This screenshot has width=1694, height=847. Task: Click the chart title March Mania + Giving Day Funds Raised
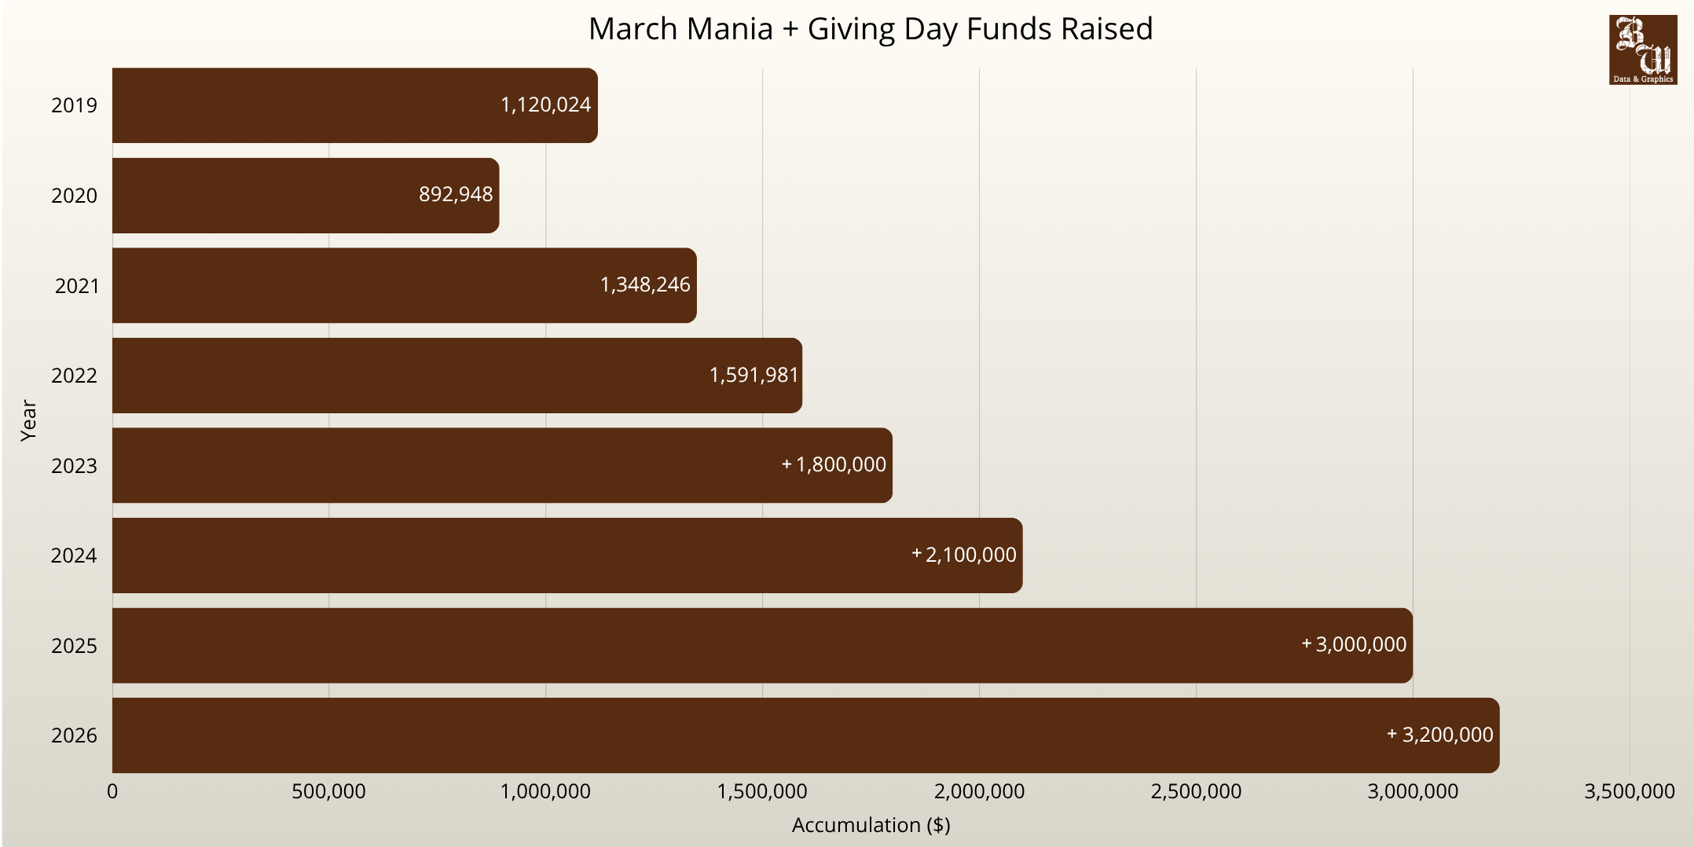coord(871,29)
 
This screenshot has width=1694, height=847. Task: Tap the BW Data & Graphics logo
coord(1642,49)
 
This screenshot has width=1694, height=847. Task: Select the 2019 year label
coord(75,105)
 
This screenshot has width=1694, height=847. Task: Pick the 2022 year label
coord(75,376)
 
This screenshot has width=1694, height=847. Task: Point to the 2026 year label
coord(75,735)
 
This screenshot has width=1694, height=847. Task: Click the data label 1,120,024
coord(545,104)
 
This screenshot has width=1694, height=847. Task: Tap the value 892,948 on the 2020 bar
coord(456,194)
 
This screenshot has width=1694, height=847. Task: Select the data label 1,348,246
coord(645,284)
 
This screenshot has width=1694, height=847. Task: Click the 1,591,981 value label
coord(753,375)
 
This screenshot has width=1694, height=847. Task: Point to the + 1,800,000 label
coord(834,464)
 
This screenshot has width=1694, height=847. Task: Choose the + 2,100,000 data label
coord(964,555)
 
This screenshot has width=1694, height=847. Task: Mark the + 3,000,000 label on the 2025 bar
coord(1354,644)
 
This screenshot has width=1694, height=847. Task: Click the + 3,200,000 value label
coord(1440,735)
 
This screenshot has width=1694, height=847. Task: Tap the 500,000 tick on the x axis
coord(328,791)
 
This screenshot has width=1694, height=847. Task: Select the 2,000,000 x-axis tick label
coord(979,791)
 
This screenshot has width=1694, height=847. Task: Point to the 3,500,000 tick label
coord(1629,791)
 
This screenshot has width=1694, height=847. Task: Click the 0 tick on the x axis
coord(112,791)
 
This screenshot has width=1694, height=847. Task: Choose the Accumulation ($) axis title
coord(871,825)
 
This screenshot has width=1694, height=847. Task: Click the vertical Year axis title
coord(28,420)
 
